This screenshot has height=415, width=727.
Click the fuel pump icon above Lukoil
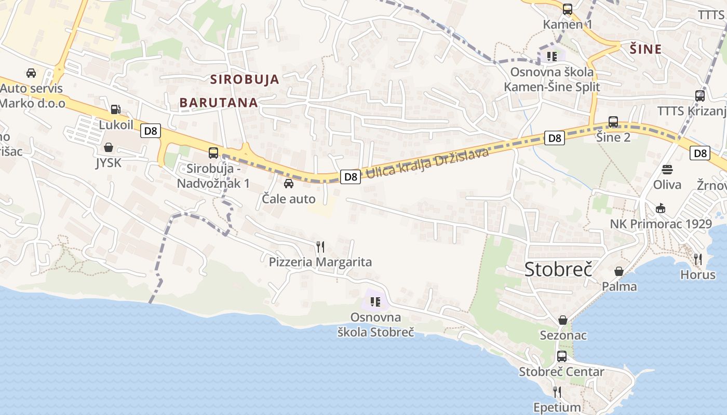click(115, 109)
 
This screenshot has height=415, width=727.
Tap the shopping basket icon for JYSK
click(109, 148)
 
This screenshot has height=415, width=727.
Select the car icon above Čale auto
click(289, 183)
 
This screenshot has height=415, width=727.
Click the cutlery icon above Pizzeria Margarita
click(320, 246)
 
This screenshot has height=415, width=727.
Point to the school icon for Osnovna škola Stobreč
click(375, 301)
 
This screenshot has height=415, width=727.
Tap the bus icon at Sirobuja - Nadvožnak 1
click(213, 153)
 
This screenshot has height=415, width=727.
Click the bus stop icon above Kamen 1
click(568, 9)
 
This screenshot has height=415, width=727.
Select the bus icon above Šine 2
click(613, 122)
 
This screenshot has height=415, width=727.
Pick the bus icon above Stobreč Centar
click(562, 356)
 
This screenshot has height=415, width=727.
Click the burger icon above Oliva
click(667, 169)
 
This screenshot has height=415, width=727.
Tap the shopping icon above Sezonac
click(562, 320)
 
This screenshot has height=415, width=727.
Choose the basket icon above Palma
click(619, 271)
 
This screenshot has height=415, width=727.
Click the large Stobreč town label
click(558, 269)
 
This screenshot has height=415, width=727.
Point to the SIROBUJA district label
click(245, 79)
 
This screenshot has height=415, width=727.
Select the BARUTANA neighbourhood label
click(219, 102)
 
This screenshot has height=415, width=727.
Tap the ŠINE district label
click(645, 49)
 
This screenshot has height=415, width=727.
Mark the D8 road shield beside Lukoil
click(150, 131)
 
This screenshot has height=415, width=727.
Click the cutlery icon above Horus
click(698, 259)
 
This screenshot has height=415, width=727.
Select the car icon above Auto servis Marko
click(31, 73)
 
